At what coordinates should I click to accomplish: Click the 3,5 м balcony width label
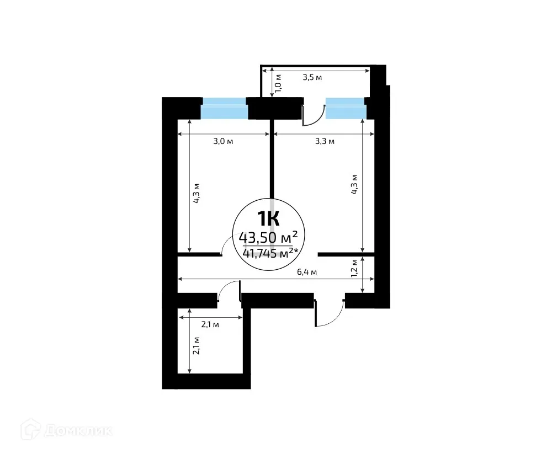[x=312, y=78]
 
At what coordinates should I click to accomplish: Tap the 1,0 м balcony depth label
[x=279, y=83]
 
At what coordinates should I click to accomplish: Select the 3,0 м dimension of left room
[x=223, y=142]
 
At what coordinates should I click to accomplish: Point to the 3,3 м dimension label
[x=325, y=142]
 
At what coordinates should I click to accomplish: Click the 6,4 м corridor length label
[x=306, y=272]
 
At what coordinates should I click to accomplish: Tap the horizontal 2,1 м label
[x=210, y=325]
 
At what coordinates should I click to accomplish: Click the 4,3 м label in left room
[x=196, y=193]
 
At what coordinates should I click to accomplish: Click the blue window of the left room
[x=224, y=108]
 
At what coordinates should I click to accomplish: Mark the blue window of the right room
[x=346, y=108]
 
